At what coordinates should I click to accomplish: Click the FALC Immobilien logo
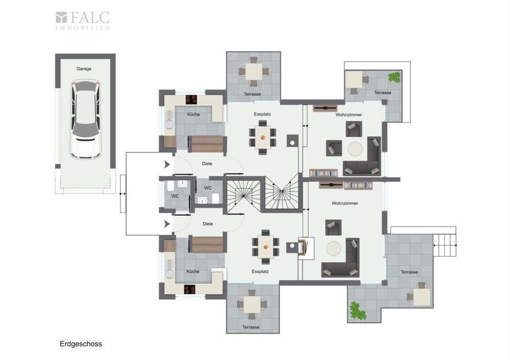click(82, 21)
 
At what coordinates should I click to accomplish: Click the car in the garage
click(85, 119)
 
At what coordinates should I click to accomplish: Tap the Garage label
click(84, 69)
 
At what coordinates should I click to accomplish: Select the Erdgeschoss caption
click(80, 344)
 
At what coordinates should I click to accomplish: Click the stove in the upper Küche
click(191, 100)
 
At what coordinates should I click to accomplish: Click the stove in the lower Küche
click(190, 289)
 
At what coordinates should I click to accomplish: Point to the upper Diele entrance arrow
click(167, 164)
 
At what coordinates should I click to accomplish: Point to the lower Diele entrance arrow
click(167, 224)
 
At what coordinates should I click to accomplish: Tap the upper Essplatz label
click(262, 114)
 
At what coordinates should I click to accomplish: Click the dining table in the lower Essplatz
click(265, 247)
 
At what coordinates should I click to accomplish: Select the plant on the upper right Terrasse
click(394, 77)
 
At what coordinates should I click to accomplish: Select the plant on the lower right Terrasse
click(358, 311)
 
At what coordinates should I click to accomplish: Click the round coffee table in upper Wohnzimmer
click(355, 149)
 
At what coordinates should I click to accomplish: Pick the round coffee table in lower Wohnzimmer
click(334, 249)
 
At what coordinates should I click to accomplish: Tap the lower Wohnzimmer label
click(345, 203)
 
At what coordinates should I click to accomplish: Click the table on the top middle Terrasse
click(254, 72)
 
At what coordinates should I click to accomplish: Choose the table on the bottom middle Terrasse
click(252, 305)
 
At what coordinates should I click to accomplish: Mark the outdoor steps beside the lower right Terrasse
click(445, 245)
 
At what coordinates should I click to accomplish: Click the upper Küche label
click(193, 114)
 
